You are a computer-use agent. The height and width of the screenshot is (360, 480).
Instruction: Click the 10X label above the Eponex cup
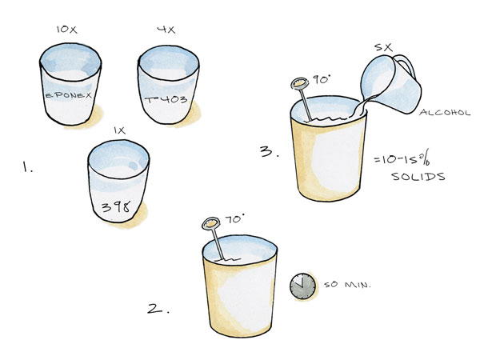point(66,30)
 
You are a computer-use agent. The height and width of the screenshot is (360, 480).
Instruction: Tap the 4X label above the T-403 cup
point(166,30)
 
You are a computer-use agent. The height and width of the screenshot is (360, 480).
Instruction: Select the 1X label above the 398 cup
point(120,130)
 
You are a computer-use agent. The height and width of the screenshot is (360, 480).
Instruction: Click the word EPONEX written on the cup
point(69,95)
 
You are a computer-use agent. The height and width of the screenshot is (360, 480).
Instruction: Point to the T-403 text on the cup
point(166,99)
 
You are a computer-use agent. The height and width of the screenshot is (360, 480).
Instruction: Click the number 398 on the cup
point(116,207)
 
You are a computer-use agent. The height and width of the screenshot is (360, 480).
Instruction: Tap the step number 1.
point(27,167)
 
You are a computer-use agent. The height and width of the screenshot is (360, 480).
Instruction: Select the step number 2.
point(158,309)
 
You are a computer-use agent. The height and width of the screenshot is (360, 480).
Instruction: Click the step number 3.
point(270,151)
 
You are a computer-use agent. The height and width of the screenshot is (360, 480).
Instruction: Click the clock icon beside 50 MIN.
point(302,286)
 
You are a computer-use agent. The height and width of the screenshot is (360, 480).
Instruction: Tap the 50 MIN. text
point(347,285)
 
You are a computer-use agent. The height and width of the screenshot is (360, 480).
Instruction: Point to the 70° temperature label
point(234,219)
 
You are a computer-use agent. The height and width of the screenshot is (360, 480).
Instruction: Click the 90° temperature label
point(321,80)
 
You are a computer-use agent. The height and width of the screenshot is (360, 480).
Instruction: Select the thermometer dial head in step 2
point(211,223)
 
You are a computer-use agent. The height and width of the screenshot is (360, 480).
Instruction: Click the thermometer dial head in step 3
point(299,83)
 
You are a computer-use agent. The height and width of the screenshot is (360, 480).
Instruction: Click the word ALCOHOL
point(445,112)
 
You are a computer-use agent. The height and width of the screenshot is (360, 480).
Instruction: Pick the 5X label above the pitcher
point(383,47)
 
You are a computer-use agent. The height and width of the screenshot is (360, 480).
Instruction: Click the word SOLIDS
point(418,177)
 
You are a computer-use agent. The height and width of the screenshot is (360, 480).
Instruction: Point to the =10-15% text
point(402,159)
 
